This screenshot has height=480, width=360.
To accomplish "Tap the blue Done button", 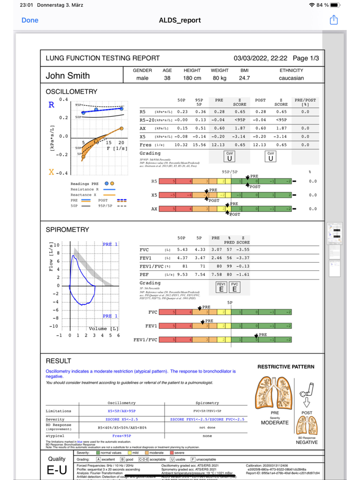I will pos(30,20).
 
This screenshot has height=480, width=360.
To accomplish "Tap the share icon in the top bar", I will pos(334,20).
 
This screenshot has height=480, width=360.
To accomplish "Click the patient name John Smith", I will pos(67,76).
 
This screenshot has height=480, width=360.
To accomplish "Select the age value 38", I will pos(167,78).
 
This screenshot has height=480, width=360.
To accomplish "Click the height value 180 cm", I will pos(192,78).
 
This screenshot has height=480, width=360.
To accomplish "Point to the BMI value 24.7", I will pos(244,78).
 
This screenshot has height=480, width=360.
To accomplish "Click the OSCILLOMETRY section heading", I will pos(71,91).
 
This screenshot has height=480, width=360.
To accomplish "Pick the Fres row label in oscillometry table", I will pos(147,145).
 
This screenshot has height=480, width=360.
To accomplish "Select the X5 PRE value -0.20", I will pos(219,137).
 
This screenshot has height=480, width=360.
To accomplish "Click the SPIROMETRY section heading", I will pos(67,230).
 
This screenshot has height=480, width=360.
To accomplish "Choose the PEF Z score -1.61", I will pos(243,274).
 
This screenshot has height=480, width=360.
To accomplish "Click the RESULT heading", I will pos(59,361).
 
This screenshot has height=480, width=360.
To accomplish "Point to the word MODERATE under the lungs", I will pos(275,422).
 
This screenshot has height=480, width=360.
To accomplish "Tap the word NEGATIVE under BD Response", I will pos(307,442).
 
